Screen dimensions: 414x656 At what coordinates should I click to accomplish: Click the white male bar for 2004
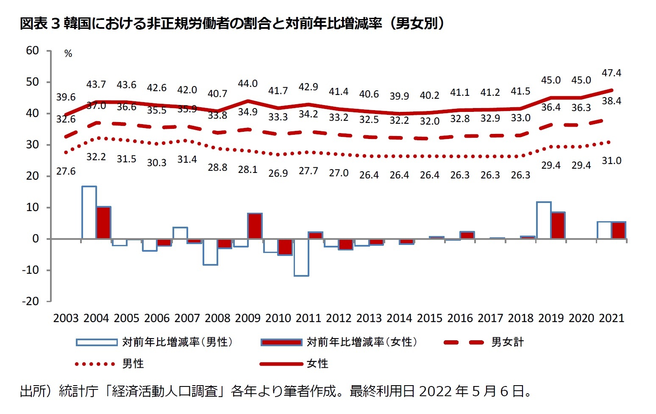click(89, 212)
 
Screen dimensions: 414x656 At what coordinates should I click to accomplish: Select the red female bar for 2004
click(103, 223)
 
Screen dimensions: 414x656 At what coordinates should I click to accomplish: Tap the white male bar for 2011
click(301, 257)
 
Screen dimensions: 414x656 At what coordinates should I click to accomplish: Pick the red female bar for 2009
click(255, 226)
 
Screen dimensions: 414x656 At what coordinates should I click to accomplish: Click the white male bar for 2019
click(544, 220)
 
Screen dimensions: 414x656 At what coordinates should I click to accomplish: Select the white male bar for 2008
click(210, 252)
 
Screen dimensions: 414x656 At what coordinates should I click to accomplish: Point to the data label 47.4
click(611, 73)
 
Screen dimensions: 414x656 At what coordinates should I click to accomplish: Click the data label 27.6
click(66, 171)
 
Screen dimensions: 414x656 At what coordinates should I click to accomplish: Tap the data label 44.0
click(247, 83)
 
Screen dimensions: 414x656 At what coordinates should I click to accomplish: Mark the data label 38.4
click(611, 101)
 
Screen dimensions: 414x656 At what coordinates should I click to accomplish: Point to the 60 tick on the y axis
click(32, 50)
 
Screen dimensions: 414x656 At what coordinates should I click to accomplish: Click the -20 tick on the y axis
click(31, 301)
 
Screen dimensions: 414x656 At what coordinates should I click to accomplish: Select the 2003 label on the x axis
click(66, 318)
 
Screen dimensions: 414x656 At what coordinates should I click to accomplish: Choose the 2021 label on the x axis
click(611, 318)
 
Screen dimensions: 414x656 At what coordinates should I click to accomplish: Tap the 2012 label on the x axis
click(339, 318)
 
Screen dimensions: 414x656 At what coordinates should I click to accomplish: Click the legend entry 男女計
click(507, 342)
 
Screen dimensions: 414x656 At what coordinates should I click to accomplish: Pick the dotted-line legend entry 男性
click(133, 364)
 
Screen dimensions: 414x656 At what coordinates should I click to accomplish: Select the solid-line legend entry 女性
click(317, 364)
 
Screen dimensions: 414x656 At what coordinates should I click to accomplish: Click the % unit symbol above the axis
click(68, 54)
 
